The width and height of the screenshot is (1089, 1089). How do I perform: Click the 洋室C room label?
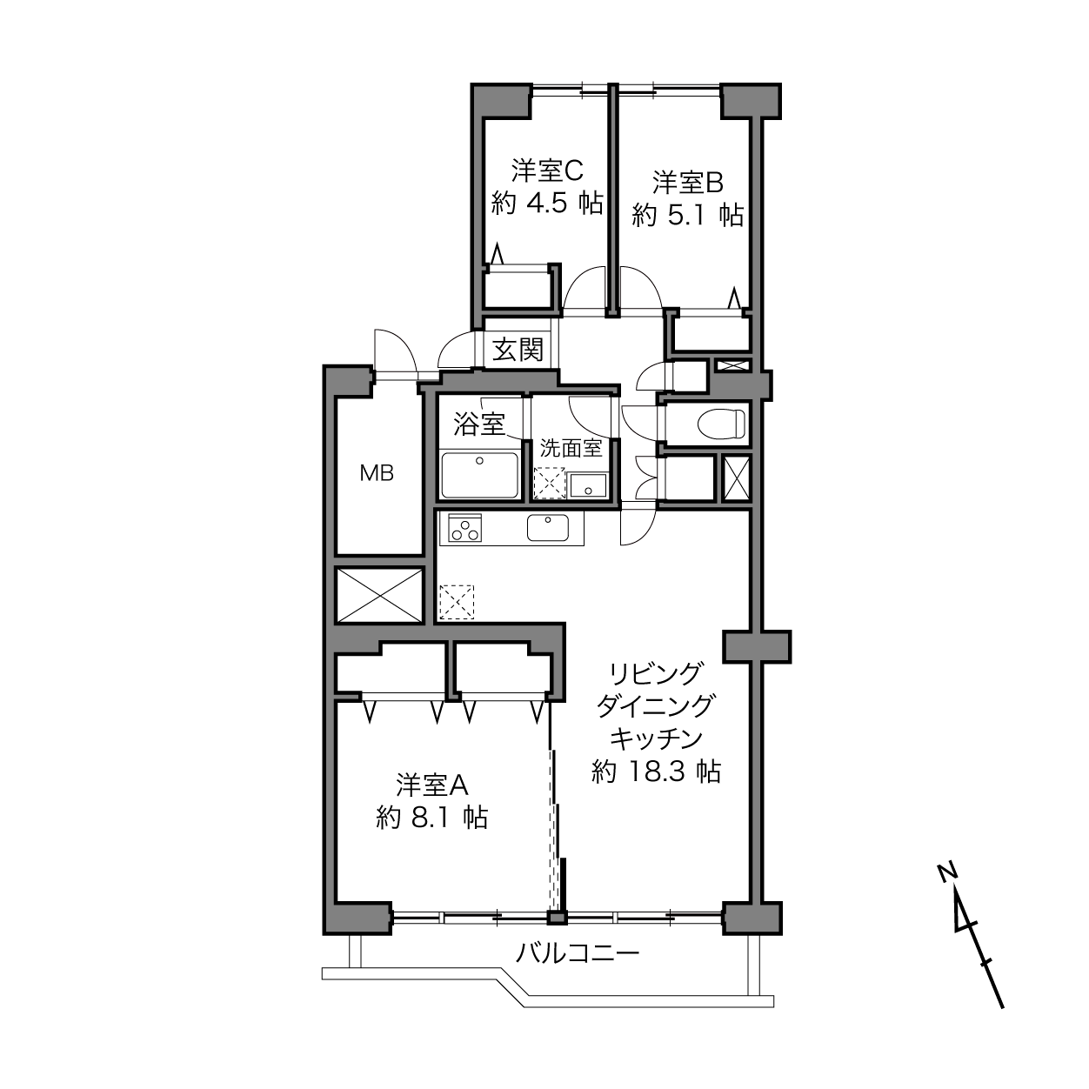pos(546,170)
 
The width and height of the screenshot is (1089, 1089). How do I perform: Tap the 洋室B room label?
pos(688,184)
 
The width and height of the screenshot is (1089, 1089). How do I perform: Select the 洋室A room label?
pos(432,785)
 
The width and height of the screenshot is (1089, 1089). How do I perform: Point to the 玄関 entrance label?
pos(518,350)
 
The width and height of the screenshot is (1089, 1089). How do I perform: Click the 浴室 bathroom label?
pos(479,424)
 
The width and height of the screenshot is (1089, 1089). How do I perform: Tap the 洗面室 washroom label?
pos(571,448)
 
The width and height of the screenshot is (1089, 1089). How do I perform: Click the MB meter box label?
pos(377,473)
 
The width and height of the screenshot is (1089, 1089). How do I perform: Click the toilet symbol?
pos(722,424)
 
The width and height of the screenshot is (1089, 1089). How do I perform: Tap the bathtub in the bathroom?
pos(479,475)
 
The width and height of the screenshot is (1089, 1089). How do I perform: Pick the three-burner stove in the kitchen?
pos(465,528)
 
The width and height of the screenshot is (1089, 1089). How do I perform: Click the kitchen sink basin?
pos(548,528)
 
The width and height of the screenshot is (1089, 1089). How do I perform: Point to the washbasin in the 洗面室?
pos(588,486)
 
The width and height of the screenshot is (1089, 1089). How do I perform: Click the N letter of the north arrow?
pos(945,872)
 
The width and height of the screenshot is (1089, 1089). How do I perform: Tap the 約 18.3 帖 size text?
pos(656,772)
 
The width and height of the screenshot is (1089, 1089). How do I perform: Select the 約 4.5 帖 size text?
pos(547,203)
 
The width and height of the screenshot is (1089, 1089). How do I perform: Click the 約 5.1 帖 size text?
pos(687,216)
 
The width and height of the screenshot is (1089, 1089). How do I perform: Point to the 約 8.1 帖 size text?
pos(431,817)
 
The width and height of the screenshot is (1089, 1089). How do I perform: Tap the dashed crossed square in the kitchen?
pos(457,603)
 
